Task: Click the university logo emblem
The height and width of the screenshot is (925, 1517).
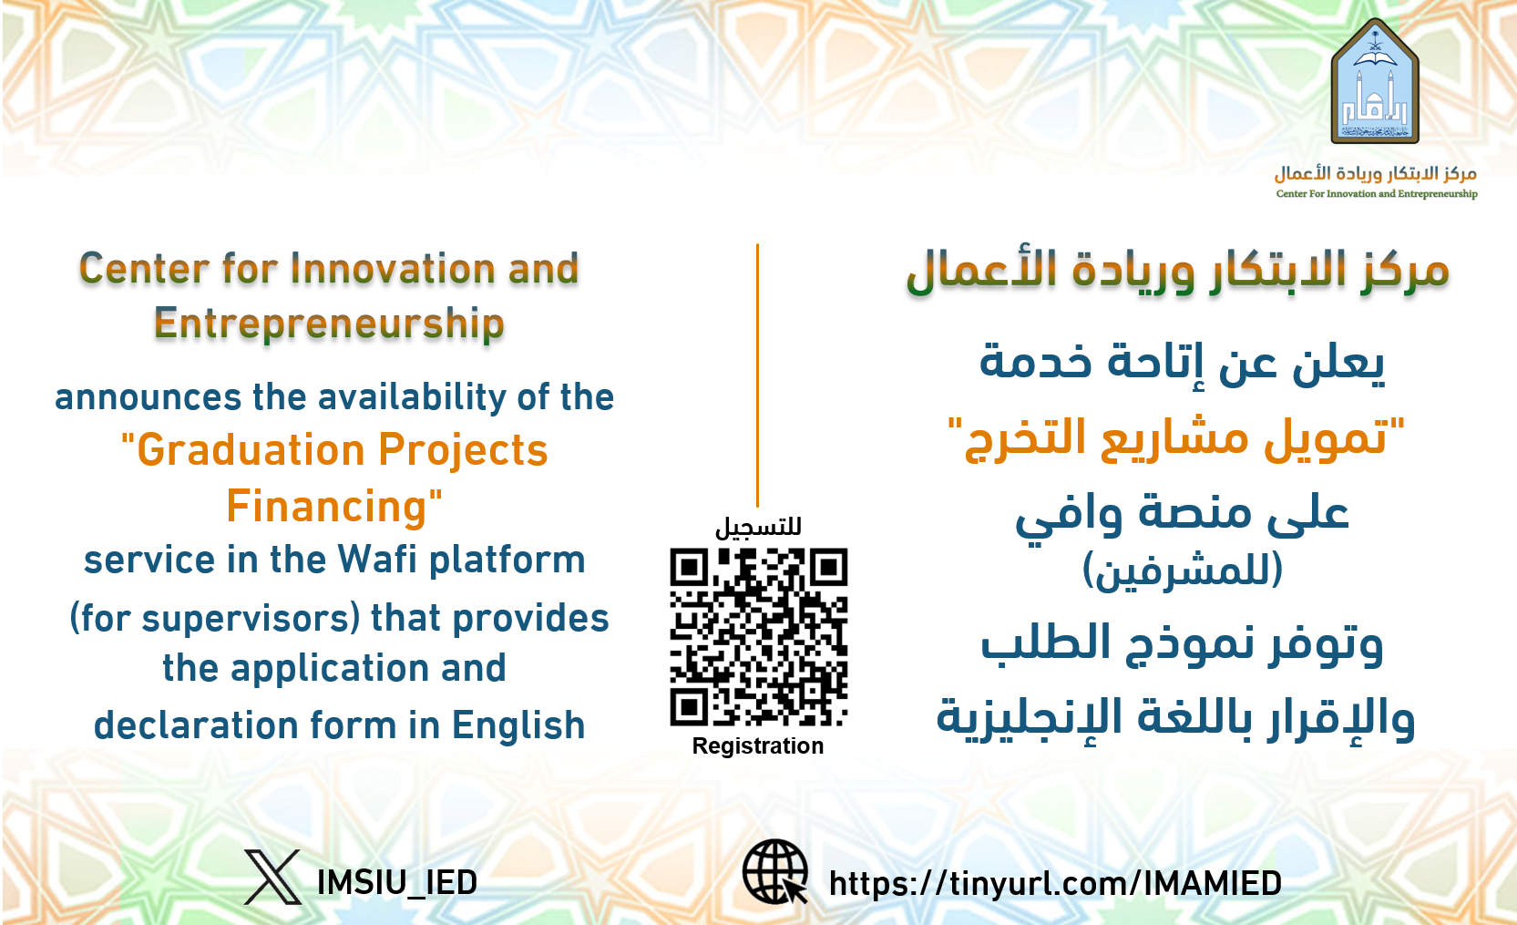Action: click(x=1375, y=82)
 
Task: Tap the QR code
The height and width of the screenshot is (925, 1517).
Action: click(x=758, y=637)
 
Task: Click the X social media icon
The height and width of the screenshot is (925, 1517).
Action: click(x=272, y=878)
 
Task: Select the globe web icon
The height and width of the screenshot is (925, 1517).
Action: click(x=775, y=872)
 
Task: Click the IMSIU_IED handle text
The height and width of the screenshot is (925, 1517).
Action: click(x=397, y=883)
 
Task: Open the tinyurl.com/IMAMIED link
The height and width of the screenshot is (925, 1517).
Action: click(x=1055, y=884)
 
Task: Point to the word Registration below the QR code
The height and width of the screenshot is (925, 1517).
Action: click(x=758, y=745)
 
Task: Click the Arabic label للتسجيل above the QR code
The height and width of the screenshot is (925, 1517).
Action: click(x=758, y=527)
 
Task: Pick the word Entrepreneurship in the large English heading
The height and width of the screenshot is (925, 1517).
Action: click(x=329, y=324)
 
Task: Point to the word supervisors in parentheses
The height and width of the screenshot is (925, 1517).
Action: click(x=250, y=619)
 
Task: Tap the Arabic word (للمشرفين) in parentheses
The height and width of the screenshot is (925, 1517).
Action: click(x=1183, y=570)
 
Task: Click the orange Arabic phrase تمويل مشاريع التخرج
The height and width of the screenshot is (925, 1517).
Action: click(x=1175, y=438)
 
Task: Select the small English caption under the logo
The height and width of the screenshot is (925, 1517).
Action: click(x=1377, y=194)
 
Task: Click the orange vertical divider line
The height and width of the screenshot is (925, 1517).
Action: click(x=757, y=375)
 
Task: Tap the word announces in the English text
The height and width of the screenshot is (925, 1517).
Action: click(x=149, y=397)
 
